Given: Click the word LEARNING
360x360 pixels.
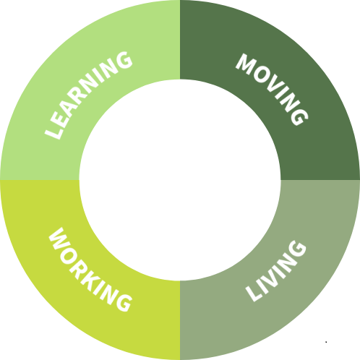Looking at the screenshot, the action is [88, 95].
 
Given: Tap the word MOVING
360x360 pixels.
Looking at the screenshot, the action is [272, 90].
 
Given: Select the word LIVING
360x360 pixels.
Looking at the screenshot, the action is [276, 271].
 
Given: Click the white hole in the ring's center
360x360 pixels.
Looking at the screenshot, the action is [180, 180].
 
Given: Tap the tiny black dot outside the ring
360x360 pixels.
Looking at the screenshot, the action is [326, 342].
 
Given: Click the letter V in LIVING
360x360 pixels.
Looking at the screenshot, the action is [272, 275].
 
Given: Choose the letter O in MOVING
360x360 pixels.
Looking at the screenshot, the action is [262, 74].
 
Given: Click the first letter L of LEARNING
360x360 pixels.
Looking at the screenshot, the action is [53, 132].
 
